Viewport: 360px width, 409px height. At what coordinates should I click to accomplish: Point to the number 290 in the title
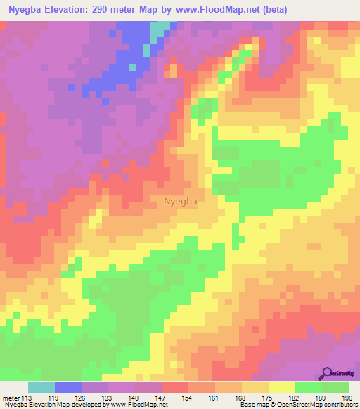pos(103,9)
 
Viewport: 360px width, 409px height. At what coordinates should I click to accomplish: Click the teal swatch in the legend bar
pos(41,387)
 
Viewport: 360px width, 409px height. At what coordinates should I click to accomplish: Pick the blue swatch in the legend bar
pos(68,387)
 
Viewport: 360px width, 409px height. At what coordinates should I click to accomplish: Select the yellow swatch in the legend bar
pos(282,387)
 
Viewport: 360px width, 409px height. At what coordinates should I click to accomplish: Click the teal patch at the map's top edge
pos(162,28)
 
